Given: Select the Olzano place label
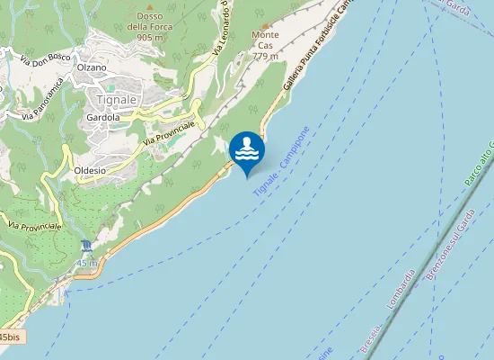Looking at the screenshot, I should pos(92,67).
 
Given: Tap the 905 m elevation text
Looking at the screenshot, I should pos(150,38).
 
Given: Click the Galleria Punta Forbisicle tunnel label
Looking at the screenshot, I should pos(313,49).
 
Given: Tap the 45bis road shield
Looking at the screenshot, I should pos(10,336).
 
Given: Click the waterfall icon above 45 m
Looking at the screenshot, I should pos(86,247).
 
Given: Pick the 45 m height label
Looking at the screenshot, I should pos(86,263).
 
